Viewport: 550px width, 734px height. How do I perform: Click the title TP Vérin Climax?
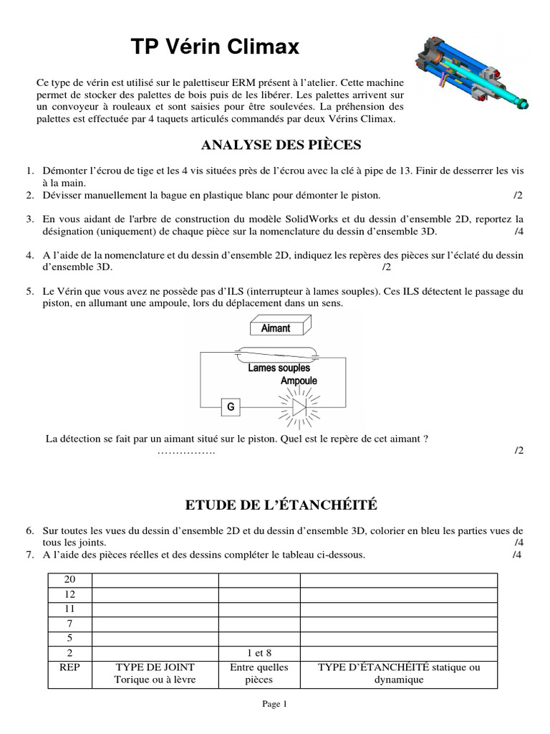point(215,48)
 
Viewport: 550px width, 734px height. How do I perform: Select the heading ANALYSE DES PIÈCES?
point(281,146)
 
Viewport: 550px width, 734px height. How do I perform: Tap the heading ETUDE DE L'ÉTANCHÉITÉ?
point(281,505)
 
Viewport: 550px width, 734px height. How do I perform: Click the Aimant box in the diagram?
point(275,328)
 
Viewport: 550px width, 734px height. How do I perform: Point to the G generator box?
point(231,407)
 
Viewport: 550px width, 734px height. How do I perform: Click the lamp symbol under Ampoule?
point(299,406)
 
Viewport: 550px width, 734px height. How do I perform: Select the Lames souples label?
point(279,368)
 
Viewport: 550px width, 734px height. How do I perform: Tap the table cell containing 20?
point(70,579)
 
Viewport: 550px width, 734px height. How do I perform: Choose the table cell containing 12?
point(70,594)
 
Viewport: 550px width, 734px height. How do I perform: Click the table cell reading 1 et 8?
point(259,652)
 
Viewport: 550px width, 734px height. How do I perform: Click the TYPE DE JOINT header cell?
point(155,673)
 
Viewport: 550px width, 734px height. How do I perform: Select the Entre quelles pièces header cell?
point(259,673)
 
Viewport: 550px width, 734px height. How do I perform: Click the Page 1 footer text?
point(275,704)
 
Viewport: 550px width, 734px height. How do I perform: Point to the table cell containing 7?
point(70,624)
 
